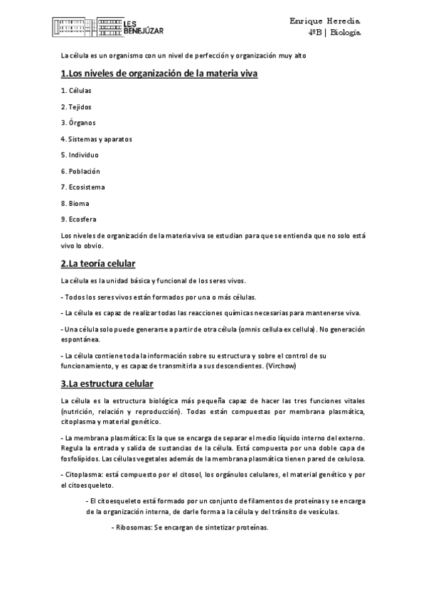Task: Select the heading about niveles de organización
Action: (159, 73)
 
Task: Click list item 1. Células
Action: (76, 91)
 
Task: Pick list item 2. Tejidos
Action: (76, 107)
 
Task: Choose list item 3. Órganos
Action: (78, 123)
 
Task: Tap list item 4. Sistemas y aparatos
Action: (97, 138)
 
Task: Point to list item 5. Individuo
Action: (80, 155)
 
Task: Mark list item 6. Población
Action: (80, 171)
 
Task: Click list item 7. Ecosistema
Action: (83, 187)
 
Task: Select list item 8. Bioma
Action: (75, 203)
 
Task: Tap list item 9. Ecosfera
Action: (78, 219)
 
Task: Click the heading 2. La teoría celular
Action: (97, 264)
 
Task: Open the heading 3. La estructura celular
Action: (107, 384)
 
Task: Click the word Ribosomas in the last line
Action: (133, 528)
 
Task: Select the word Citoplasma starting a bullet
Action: (83, 472)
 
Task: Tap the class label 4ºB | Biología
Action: (335, 33)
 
